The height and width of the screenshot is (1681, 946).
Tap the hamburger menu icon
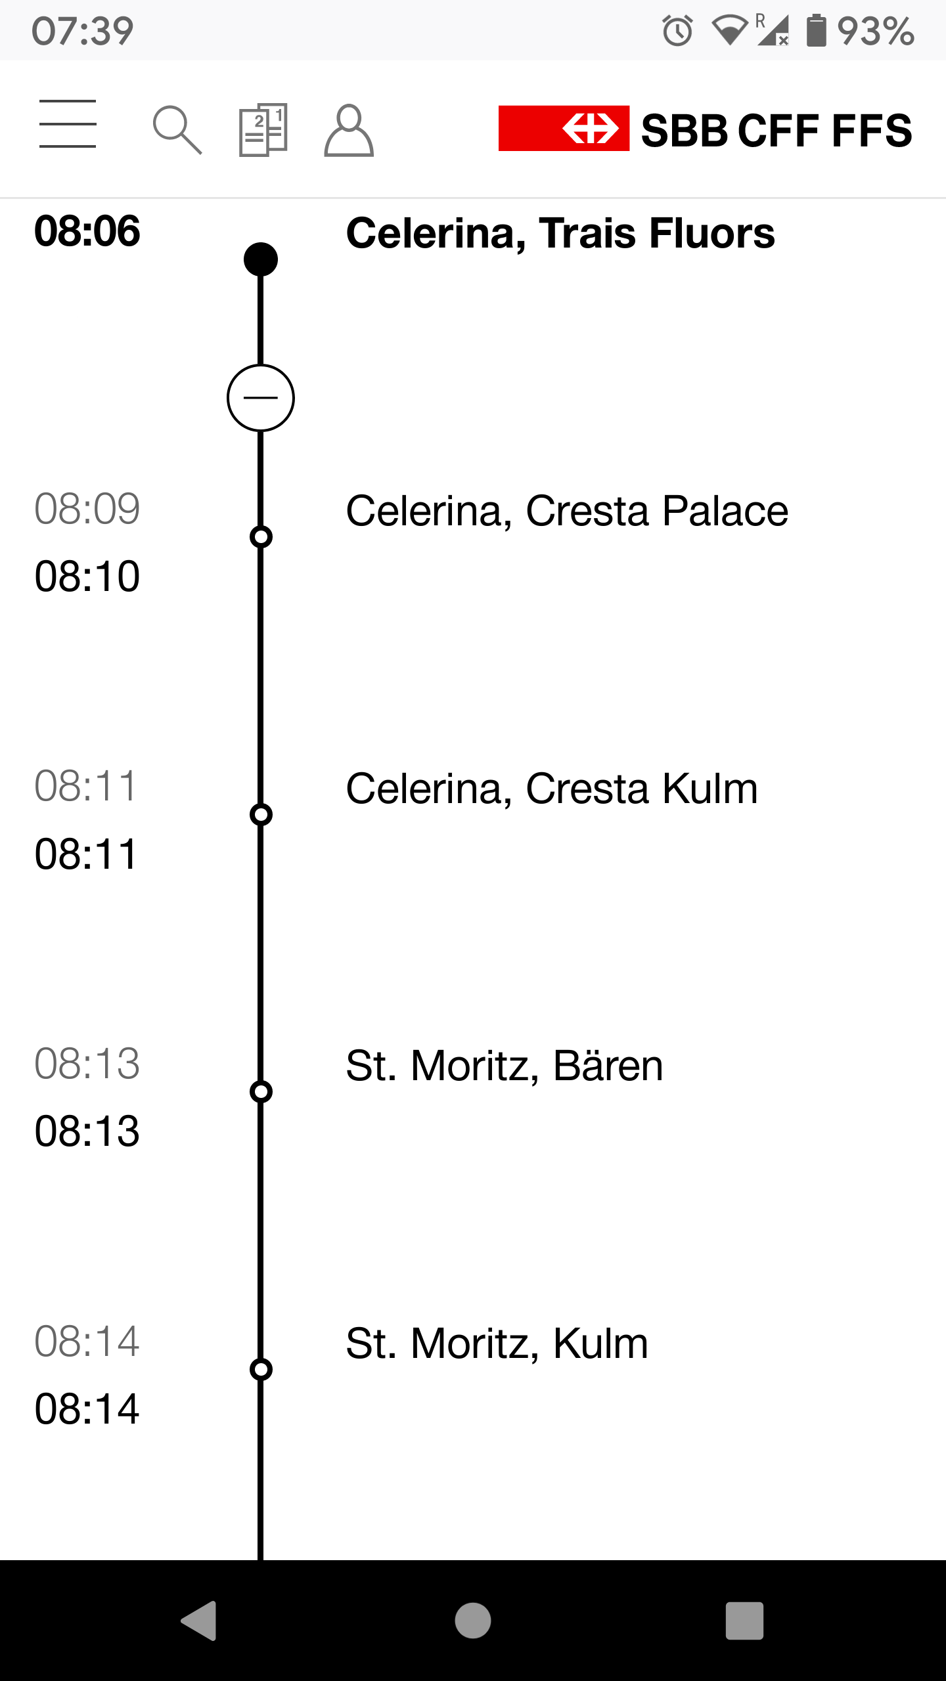(x=68, y=124)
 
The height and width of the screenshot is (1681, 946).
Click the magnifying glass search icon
(x=177, y=129)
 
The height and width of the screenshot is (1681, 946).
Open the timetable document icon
(x=263, y=129)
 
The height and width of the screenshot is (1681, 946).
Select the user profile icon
(x=349, y=130)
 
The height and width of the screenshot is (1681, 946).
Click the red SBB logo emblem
(x=564, y=128)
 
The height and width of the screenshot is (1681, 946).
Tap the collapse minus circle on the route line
(x=261, y=398)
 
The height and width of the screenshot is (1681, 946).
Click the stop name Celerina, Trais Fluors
(x=560, y=233)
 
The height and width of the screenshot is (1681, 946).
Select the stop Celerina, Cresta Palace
(x=566, y=511)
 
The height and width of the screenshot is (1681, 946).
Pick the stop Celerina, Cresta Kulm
(x=551, y=789)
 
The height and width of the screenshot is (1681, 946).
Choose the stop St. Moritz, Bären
(x=504, y=1066)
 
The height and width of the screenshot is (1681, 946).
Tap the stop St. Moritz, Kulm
(x=497, y=1343)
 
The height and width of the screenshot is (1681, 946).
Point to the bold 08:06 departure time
(x=87, y=231)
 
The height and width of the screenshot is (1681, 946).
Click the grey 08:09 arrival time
(x=87, y=509)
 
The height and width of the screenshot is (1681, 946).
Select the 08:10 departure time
(x=87, y=577)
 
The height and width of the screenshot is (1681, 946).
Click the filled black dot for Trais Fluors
(x=261, y=259)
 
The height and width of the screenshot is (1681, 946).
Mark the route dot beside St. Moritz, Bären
(x=261, y=1092)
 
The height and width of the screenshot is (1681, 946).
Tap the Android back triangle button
(x=199, y=1621)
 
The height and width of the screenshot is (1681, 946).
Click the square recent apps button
(x=744, y=1621)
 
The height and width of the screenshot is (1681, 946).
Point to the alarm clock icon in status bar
(x=677, y=31)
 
